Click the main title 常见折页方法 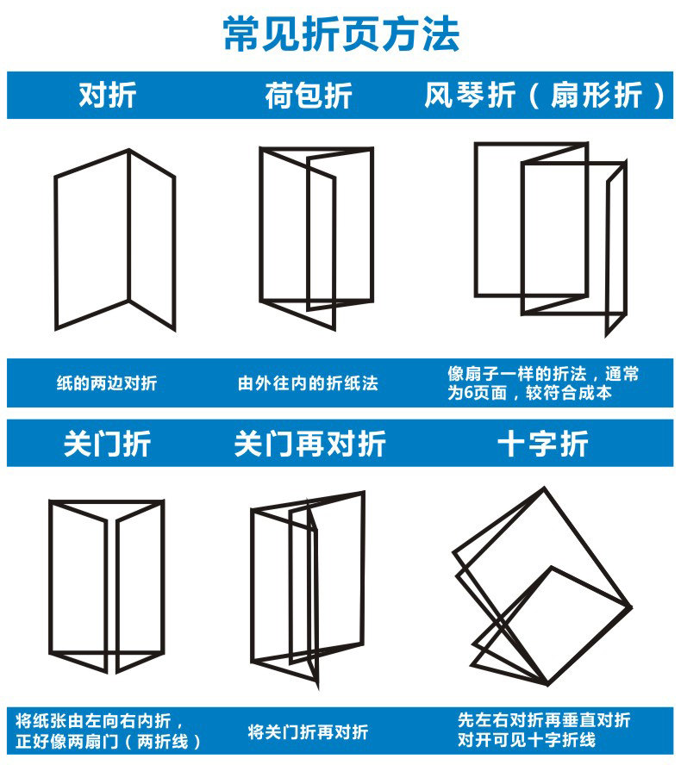coord(340,34)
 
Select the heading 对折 coord(107,95)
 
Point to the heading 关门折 coord(107,444)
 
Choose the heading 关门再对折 coord(309,444)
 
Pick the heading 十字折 coord(543,444)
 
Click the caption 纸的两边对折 coord(107,383)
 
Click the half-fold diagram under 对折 coord(115,239)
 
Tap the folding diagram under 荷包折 coord(316,237)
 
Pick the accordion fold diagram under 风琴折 coord(550,237)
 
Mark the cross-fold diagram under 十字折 coord(541,586)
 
